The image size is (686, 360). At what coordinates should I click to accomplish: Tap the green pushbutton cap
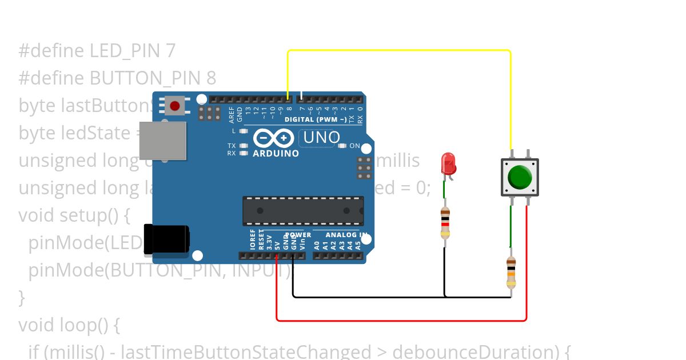coord(520,177)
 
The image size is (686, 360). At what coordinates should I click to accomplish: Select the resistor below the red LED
coord(445,223)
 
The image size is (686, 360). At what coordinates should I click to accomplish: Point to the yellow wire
coord(400,50)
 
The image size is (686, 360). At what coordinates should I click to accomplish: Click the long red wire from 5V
coord(400,321)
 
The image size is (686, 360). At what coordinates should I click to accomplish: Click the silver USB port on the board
coord(163,141)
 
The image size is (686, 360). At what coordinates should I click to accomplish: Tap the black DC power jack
coord(166,239)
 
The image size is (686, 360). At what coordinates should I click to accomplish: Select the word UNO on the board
coord(321,138)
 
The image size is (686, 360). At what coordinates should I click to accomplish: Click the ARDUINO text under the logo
coord(276,154)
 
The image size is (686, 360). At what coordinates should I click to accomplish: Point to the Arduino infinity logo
coord(274,138)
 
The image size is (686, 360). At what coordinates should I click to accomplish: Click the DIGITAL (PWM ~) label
coord(315,119)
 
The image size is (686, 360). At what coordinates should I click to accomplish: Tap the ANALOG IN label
coord(346,235)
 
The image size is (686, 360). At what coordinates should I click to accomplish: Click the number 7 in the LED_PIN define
coord(170,51)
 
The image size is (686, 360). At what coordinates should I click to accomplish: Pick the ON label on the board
coord(354,146)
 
